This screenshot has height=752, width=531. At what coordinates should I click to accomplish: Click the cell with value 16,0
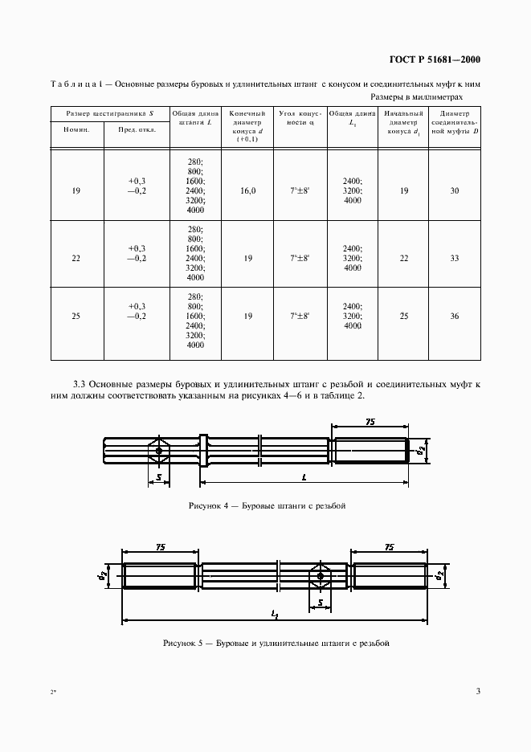click(x=247, y=191)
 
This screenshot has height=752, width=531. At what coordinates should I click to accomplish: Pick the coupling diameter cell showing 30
click(x=455, y=191)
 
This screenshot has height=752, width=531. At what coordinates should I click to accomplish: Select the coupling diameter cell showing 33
click(x=455, y=258)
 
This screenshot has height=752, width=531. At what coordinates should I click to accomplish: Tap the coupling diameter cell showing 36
click(x=455, y=317)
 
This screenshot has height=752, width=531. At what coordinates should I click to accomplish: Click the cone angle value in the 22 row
click(x=300, y=258)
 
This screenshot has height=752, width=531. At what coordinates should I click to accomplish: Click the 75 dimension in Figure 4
click(x=370, y=421)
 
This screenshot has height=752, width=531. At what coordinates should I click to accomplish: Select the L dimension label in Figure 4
click(x=304, y=477)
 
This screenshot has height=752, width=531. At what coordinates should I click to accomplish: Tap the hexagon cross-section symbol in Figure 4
click(x=159, y=451)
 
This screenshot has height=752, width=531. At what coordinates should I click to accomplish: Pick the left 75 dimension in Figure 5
click(x=161, y=546)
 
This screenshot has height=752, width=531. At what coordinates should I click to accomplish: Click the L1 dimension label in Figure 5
click(x=274, y=615)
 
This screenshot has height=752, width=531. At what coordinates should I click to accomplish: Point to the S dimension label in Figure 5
click(x=320, y=602)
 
